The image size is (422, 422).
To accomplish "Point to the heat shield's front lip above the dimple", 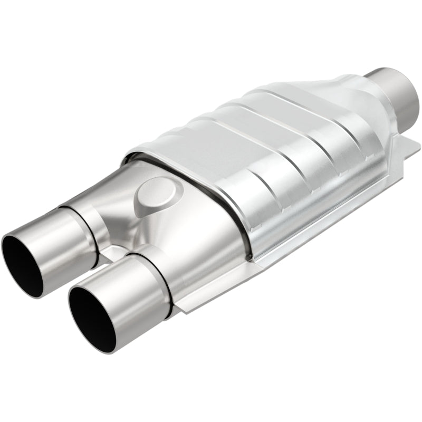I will click(174, 158).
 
